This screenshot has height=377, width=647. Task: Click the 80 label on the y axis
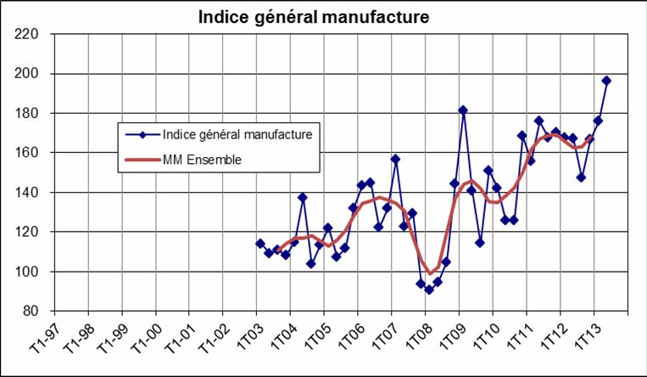coord(31,311)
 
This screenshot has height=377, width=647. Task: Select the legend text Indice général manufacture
coord(237,133)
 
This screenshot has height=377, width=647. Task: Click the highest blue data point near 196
coord(606,81)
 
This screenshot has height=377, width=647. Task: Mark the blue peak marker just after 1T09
coord(463,110)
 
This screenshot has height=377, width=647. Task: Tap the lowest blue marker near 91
coord(429,290)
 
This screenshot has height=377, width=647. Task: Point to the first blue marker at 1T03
coord(260,244)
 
